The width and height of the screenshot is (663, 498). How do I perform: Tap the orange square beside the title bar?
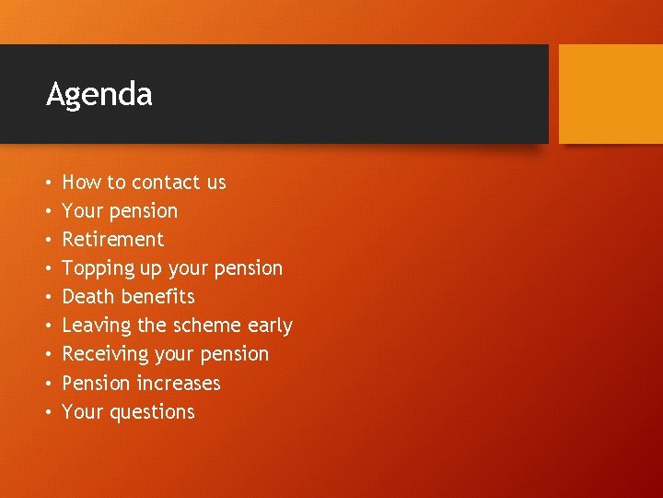tap(611, 94)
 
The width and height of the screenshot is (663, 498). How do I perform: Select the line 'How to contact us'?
tap(144, 183)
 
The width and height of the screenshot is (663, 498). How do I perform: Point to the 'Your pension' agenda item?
tap(120, 211)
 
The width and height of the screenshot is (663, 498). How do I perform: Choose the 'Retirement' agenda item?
tap(112, 240)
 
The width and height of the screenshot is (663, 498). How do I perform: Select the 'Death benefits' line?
tap(128, 297)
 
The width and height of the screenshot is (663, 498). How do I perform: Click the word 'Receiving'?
tap(105, 354)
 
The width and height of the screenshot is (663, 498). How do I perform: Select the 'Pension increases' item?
tap(141, 383)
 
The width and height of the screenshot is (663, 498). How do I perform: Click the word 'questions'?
tap(152, 412)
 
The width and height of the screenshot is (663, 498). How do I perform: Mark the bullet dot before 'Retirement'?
tap(49, 240)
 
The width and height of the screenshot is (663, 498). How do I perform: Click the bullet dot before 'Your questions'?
tap(49, 412)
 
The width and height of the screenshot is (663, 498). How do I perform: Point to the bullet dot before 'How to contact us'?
tap(49, 183)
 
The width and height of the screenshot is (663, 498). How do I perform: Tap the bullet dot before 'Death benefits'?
tap(49, 297)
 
